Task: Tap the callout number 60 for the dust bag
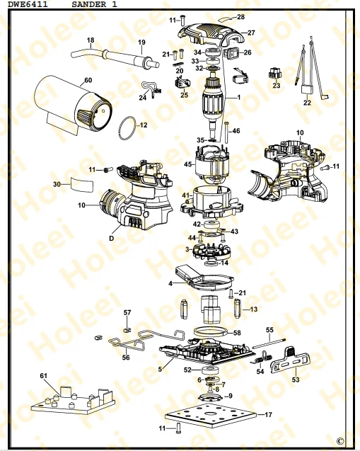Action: pyautogui.click(x=88, y=80)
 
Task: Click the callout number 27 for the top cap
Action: pyautogui.click(x=250, y=33)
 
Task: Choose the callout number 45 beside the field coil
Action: pyautogui.click(x=188, y=165)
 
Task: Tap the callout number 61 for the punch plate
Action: pyautogui.click(x=43, y=375)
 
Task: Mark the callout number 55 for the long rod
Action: pyautogui.click(x=269, y=330)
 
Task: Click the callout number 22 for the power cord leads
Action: pyautogui.click(x=307, y=103)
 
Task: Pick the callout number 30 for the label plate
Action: pyautogui.click(x=57, y=184)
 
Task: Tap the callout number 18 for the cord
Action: pyautogui.click(x=90, y=40)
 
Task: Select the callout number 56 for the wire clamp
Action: pyautogui.click(x=126, y=358)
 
